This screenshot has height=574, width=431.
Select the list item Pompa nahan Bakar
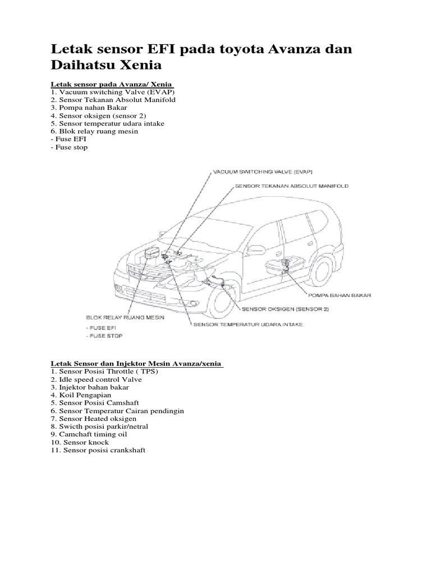pos(89,107)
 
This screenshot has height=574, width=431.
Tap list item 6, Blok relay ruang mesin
pos(94,131)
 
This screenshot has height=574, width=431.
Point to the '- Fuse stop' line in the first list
pos(69,147)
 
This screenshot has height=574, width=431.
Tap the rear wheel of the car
pos(324,272)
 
